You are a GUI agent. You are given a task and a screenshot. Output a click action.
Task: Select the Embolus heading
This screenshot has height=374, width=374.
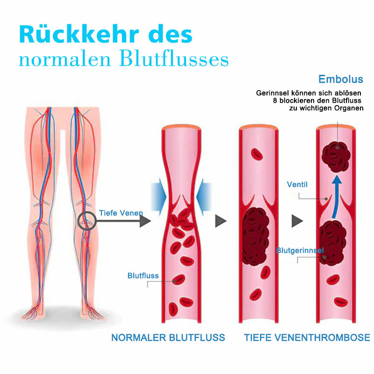click(x=341, y=79)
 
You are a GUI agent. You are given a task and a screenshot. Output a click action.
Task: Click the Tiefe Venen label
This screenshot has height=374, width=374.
click(x=121, y=213)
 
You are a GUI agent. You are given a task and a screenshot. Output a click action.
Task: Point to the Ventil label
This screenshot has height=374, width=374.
click(x=297, y=184)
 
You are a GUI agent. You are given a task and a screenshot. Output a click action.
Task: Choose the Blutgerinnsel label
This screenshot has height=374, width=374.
click(x=300, y=250)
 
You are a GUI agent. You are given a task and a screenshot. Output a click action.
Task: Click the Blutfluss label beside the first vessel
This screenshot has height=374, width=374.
click(x=143, y=275)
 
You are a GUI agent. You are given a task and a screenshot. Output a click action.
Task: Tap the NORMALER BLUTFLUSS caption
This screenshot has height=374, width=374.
click(x=168, y=338)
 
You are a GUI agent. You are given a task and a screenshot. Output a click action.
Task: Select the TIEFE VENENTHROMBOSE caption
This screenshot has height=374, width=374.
click(x=307, y=338)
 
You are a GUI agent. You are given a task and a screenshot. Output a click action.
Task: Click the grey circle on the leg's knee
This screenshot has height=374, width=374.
click(x=87, y=221)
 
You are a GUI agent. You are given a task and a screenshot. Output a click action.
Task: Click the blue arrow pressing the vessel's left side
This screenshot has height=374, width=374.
click(x=158, y=197)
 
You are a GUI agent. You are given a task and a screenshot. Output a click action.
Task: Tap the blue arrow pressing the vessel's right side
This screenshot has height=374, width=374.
click(x=204, y=197)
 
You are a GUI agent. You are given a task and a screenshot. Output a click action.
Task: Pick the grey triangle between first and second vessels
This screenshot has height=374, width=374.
click(x=221, y=221)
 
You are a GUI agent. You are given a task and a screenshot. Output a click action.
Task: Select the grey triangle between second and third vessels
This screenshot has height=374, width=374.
click(x=297, y=221)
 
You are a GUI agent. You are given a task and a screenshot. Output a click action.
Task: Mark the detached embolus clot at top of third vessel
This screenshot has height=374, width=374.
click(x=336, y=157)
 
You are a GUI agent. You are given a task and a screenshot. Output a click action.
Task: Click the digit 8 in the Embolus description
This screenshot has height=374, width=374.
click(x=275, y=101)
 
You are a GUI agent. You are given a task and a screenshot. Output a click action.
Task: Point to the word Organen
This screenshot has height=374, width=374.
click(x=349, y=108)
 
